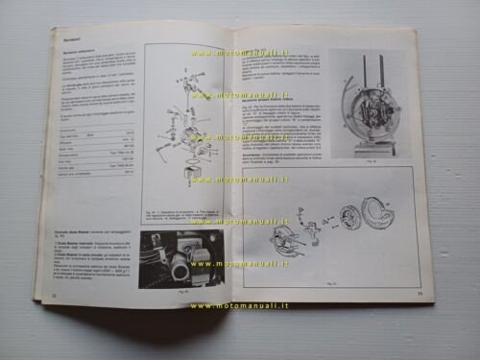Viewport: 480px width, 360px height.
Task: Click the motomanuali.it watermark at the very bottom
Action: point(239,305)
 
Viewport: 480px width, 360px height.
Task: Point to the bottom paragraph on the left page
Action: point(93,265)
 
